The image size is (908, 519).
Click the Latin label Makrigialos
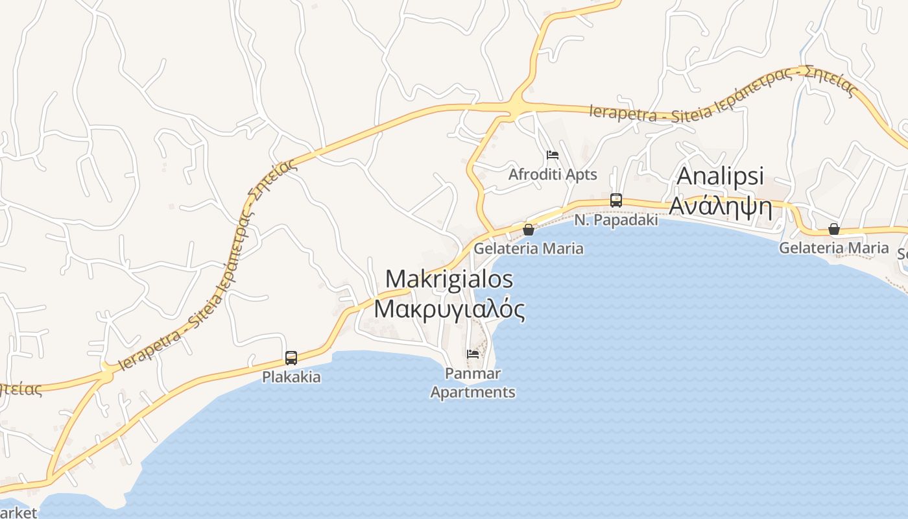449,280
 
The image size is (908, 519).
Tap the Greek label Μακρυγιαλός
449,309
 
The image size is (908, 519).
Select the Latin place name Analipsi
721,176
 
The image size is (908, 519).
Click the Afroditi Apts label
553,175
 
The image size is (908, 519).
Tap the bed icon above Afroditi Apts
553,155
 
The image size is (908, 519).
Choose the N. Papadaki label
616,220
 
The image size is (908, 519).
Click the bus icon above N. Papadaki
616,200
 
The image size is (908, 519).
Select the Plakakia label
291,377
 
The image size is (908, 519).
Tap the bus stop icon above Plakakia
291,357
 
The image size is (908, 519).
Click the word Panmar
473,374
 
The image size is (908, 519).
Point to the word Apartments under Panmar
473,392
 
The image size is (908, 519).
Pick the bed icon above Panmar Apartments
473,354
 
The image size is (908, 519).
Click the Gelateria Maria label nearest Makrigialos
529,248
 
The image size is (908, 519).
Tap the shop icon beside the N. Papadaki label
529,229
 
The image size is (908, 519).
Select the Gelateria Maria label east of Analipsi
833,248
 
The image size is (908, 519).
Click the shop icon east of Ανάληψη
834,229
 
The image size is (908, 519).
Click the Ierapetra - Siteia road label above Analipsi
723,96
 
